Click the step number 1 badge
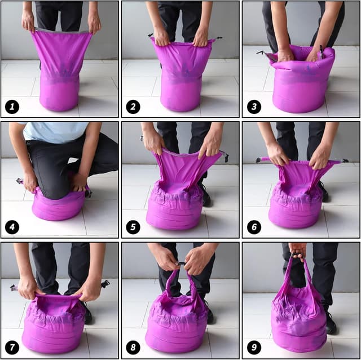pyautogui.click(x=12, y=106)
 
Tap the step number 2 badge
pyautogui.click(x=133, y=106)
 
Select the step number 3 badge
pyautogui.click(x=254, y=106)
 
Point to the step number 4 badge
pyautogui.click(x=12, y=227)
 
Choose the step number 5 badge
pyautogui.click(x=133, y=227)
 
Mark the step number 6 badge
pyautogui.click(x=254, y=227)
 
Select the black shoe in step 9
pyautogui.click(x=330, y=323)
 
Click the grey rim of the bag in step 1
pyautogui.click(x=62, y=30)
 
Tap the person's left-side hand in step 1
pyautogui.click(x=28, y=21)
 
